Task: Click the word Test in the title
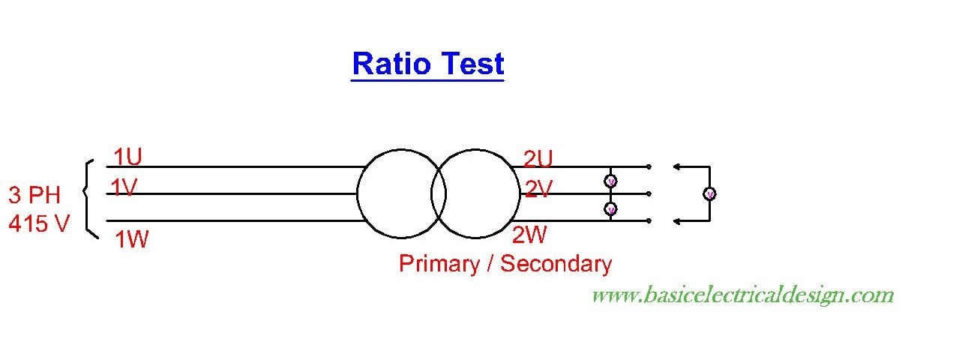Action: pyautogui.click(x=472, y=64)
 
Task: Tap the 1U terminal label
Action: pyautogui.click(x=127, y=157)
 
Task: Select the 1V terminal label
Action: pyautogui.click(x=124, y=187)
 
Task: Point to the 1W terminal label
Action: pyautogui.click(x=131, y=240)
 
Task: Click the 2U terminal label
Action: pyautogui.click(x=538, y=159)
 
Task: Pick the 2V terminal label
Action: pyautogui.click(x=538, y=190)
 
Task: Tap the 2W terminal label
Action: pyautogui.click(x=529, y=235)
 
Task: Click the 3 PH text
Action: pyautogui.click(x=34, y=196)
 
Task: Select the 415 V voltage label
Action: pyautogui.click(x=38, y=223)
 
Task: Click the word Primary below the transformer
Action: pyautogui.click(x=438, y=264)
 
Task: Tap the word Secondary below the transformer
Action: pyautogui.click(x=556, y=264)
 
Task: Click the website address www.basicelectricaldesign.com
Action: pyautogui.click(x=742, y=295)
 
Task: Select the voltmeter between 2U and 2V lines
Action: pyautogui.click(x=610, y=181)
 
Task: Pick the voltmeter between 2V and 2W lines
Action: pyautogui.click(x=610, y=208)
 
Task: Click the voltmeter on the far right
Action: pyautogui.click(x=709, y=194)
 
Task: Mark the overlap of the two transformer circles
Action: pyautogui.click(x=439, y=194)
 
